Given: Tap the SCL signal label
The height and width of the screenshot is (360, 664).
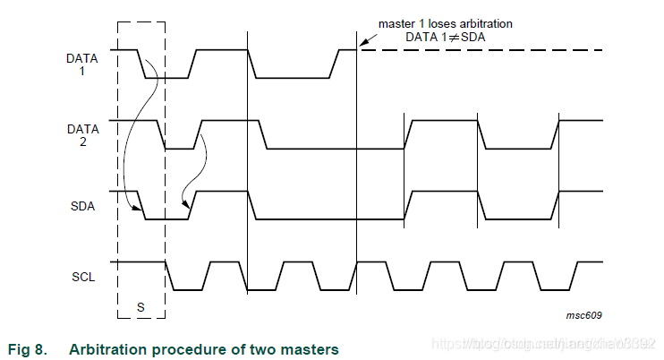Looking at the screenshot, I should pos(82,276).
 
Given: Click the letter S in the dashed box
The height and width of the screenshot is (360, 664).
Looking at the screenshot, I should pos(140,306).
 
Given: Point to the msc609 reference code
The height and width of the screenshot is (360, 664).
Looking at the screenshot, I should pos(583,315).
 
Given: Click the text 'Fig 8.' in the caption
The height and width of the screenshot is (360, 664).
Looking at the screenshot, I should pos(27,348).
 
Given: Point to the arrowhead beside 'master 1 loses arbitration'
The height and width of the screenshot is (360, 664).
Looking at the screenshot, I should pos(362,42).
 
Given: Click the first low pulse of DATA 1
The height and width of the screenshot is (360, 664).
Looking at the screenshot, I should pos(167,78).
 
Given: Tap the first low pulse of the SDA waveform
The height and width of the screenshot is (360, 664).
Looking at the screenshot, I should pos(166,219).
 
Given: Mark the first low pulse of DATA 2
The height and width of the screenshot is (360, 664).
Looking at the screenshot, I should pos(180,149).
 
